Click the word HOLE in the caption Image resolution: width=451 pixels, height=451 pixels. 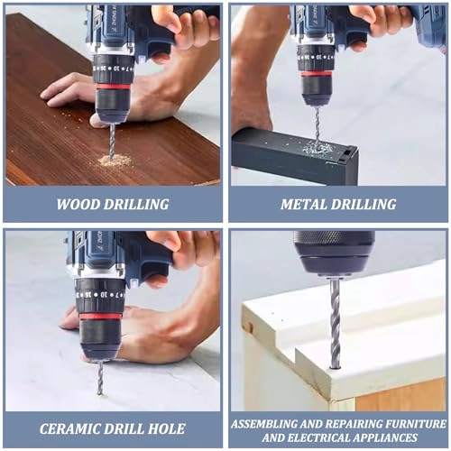[x=166, y=428]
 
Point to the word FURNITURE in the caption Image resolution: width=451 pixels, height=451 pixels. [x=403, y=421]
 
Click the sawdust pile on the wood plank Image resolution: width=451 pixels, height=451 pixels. [x=115, y=161]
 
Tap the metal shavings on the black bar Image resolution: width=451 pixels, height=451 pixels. [x=318, y=147]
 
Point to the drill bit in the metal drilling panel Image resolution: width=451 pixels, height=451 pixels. [x=317, y=122]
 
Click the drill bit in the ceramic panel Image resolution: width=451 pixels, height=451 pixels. [x=99, y=377]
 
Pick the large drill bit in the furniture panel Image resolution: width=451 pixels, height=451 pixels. [x=335, y=320]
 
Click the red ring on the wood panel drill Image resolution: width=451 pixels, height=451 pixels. [x=113, y=87]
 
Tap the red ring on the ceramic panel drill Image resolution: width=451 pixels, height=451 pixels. [x=99, y=315]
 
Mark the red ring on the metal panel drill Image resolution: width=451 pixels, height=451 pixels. [x=317, y=73]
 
